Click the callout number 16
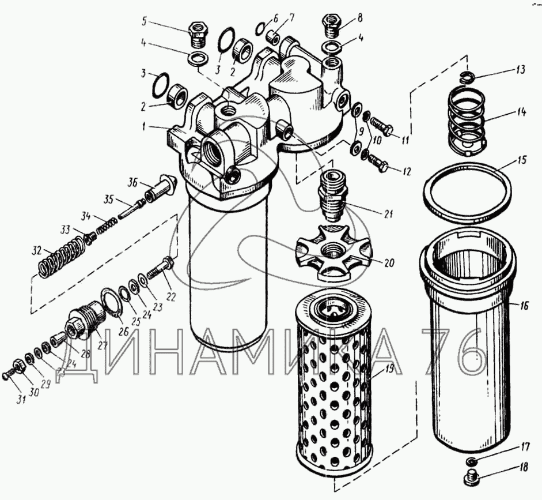coord(524,305)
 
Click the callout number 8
coord(360,18)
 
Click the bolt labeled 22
coord(160,267)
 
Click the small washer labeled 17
coord(470,461)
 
